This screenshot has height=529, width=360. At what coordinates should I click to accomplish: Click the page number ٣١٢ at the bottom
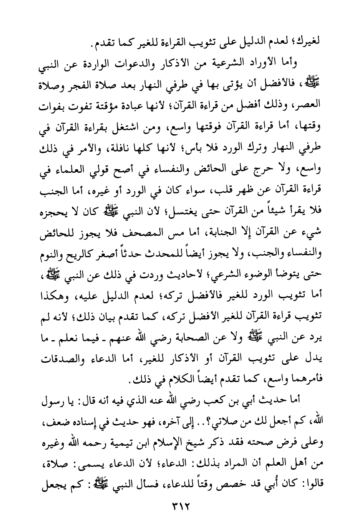click(x=180, y=508)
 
